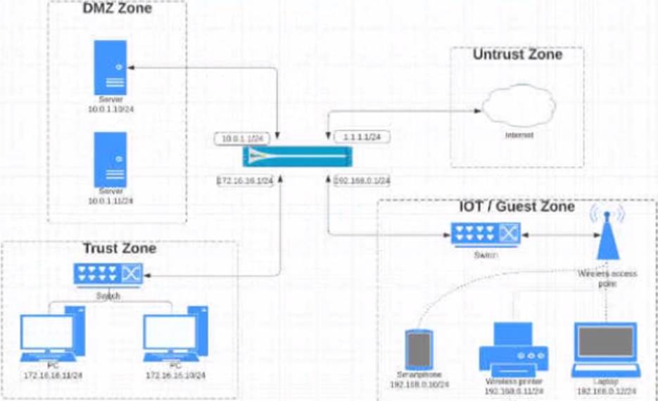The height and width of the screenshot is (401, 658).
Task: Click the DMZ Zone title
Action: pos(117,10)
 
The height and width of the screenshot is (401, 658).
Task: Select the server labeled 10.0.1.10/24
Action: pos(110,68)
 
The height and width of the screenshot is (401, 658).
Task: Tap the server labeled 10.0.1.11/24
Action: pos(110,159)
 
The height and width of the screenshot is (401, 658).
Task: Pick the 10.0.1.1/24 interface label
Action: pos(242,139)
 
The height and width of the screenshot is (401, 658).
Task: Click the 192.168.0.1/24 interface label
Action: pos(362,181)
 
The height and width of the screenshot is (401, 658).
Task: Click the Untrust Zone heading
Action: pos(517,55)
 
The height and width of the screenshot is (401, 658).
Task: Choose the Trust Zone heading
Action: pos(120,248)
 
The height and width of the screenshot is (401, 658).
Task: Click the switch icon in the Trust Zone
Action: pos(108,274)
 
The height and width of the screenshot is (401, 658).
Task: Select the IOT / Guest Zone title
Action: pos(517,208)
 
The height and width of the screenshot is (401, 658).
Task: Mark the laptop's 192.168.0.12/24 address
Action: pos(606,391)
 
